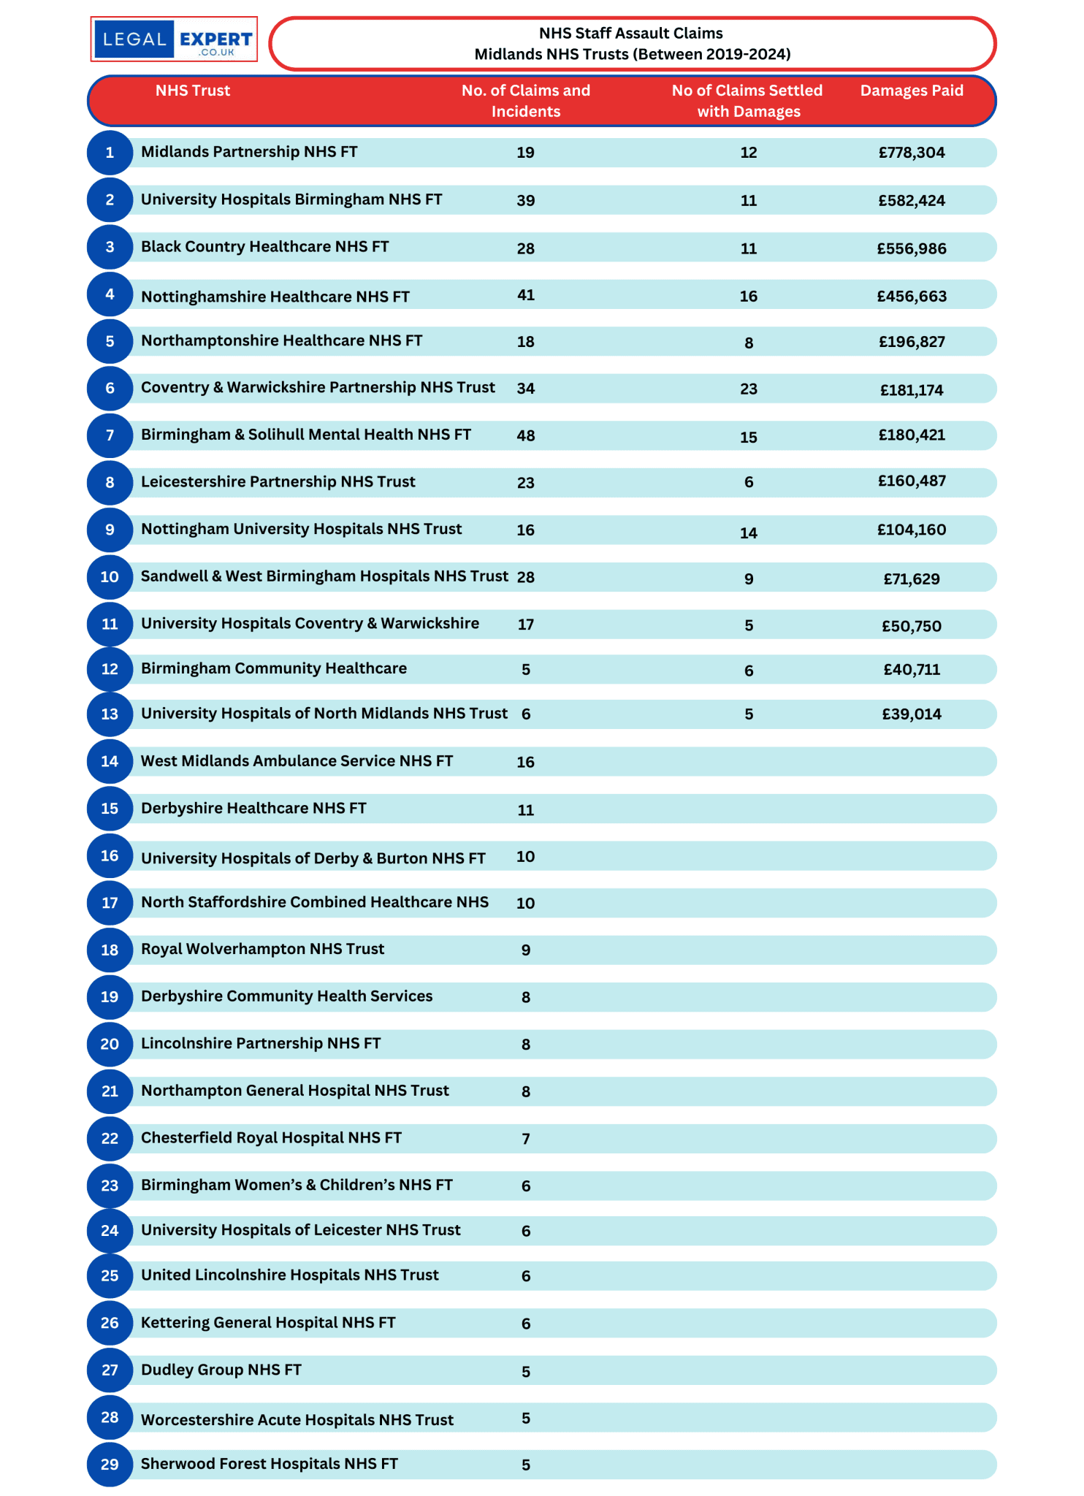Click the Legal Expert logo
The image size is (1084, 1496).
(x=174, y=39)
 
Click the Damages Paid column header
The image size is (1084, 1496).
(x=912, y=91)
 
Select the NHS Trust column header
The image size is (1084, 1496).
(x=193, y=91)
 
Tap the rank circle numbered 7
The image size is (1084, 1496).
(x=110, y=435)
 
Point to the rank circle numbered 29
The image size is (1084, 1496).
(x=110, y=1464)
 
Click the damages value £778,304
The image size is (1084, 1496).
(x=912, y=153)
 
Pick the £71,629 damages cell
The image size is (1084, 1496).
(x=912, y=579)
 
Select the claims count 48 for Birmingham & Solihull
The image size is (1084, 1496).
(x=526, y=436)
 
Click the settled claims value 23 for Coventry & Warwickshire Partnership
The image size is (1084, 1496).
(x=749, y=389)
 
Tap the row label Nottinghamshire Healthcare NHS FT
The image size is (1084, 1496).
(x=275, y=297)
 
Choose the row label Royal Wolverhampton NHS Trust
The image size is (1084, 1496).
(x=262, y=949)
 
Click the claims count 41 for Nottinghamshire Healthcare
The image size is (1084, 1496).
(x=526, y=295)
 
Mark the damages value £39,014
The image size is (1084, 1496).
(x=912, y=714)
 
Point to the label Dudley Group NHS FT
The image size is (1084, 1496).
(x=221, y=1370)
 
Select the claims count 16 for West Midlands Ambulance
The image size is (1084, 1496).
(x=526, y=762)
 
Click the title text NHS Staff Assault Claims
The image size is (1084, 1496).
(x=631, y=34)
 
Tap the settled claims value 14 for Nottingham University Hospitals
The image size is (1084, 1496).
(x=749, y=533)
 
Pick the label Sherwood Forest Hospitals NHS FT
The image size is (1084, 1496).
(x=270, y=1464)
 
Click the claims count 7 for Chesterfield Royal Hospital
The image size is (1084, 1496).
(x=526, y=1139)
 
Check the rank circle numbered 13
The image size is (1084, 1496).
(x=110, y=714)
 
